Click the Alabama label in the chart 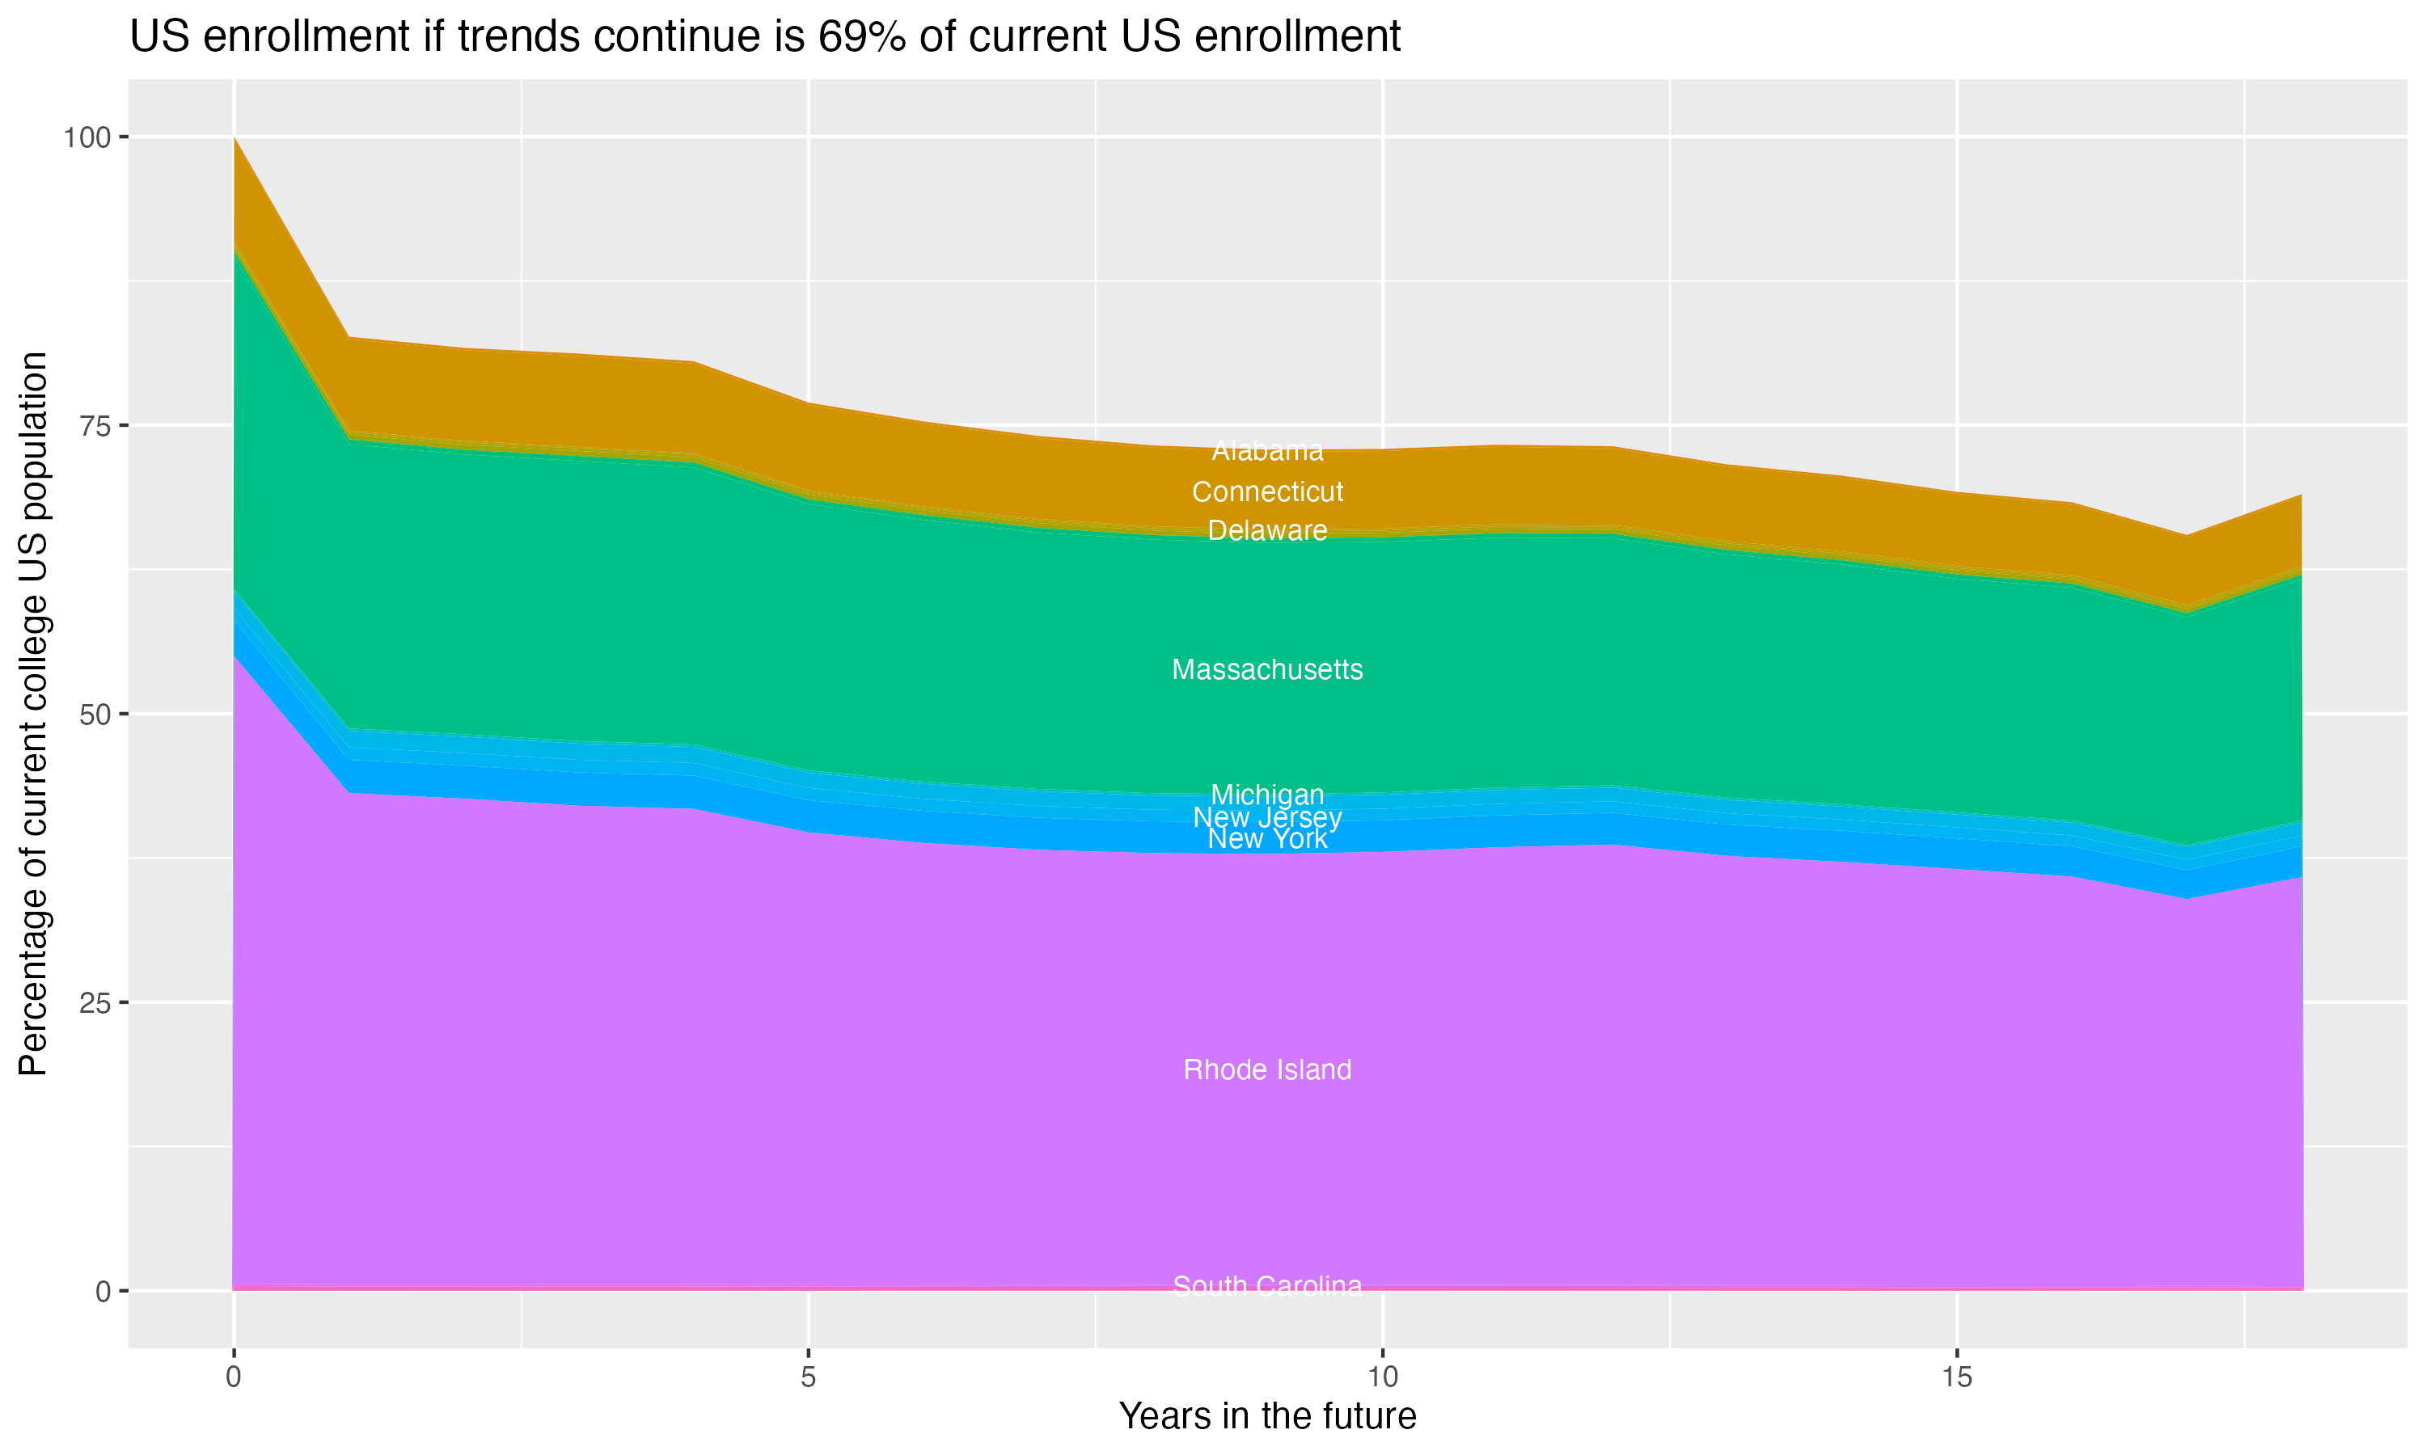(x=1267, y=451)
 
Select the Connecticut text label (x=1267, y=492)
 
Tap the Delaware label (x=1267, y=530)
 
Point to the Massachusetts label (x=1267, y=669)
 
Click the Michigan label (x=1267, y=794)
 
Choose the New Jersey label (x=1267, y=816)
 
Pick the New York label (x=1267, y=839)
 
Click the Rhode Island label (x=1267, y=1069)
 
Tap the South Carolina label (x=1267, y=1285)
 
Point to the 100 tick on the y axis (x=87, y=137)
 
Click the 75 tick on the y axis (x=94, y=425)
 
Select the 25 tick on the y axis (x=94, y=1002)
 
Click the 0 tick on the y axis (x=102, y=1291)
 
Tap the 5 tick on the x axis (x=808, y=1377)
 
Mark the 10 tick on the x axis (x=1382, y=1377)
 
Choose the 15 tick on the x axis (x=1956, y=1377)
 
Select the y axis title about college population (x=33, y=714)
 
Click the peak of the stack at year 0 (x=234, y=138)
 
